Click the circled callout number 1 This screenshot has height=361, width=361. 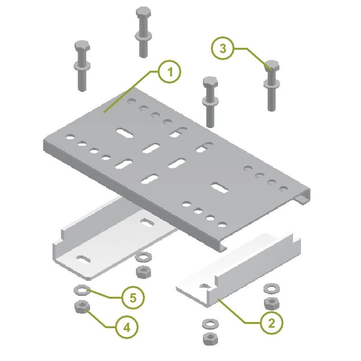(x=170, y=72)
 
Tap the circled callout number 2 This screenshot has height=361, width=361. (x=272, y=323)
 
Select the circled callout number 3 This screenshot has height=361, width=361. (x=222, y=48)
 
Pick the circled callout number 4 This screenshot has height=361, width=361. (x=127, y=327)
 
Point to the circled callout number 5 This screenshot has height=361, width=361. (x=133, y=298)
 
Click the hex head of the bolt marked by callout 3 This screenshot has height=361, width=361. (x=272, y=66)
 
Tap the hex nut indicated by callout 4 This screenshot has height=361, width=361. (x=83, y=307)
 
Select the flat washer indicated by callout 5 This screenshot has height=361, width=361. (x=82, y=290)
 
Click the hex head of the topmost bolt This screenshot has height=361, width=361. (x=143, y=13)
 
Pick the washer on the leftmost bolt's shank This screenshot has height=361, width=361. (x=82, y=66)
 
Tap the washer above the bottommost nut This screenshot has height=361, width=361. (x=210, y=324)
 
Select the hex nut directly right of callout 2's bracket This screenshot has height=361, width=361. (x=272, y=303)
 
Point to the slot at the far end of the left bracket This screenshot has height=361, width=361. (x=147, y=222)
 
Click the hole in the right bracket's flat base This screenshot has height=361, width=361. (x=205, y=286)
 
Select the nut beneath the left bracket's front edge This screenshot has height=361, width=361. (x=143, y=272)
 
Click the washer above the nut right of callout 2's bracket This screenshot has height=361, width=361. (x=272, y=288)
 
